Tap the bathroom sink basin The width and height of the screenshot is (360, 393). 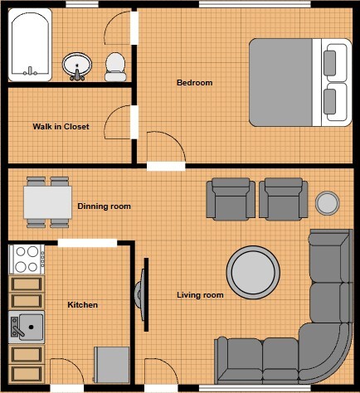click(78, 65)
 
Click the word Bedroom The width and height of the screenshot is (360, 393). click(195, 82)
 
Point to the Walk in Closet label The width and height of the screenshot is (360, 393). click(61, 127)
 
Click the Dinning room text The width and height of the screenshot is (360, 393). click(104, 206)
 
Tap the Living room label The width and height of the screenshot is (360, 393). click(200, 294)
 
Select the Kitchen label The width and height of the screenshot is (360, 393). click(82, 305)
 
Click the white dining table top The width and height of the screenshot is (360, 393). click(47, 201)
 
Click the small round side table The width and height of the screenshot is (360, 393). click(328, 202)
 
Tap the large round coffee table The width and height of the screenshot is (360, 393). click(252, 270)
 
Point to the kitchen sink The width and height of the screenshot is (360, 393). click(27, 328)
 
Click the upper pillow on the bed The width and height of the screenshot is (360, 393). click(335, 62)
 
